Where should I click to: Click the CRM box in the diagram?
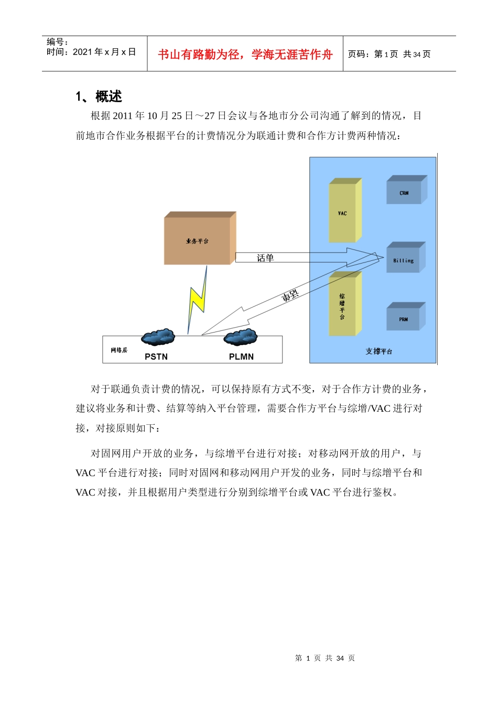[x=404, y=192]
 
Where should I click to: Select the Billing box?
[x=403, y=260]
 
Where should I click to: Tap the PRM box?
[x=403, y=318]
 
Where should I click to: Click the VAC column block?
[x=342, y=213]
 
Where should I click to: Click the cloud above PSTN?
[x=158, y=337]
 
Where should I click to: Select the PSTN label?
[x=156, y=357]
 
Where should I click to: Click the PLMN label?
[x=241, y=357]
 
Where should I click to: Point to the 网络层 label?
[x=119, y=350]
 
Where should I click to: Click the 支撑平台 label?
[x=378, y=351]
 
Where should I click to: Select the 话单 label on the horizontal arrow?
[x=265, y=258]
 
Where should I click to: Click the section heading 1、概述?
[x=99, y=96]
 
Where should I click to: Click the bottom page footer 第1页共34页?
[x=325, y=658]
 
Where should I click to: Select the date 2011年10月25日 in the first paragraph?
[x=146, y=116]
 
